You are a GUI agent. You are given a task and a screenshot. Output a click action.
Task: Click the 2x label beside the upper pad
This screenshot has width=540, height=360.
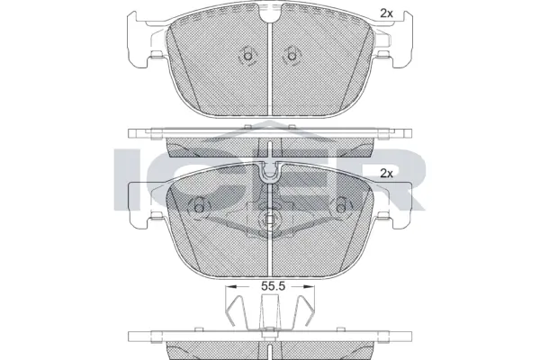(387, 13)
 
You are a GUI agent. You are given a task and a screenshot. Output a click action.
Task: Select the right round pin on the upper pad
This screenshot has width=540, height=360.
(292, 57)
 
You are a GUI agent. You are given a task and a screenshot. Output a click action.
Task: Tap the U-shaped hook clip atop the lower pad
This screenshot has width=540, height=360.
(270, 170)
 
